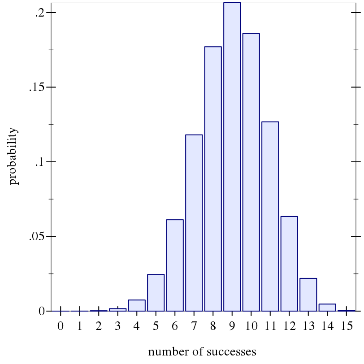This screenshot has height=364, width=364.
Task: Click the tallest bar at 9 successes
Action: pyautogui.click(x=232, y=157)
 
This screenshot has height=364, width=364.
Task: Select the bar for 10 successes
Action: pyautogui.click(x=251, y=172)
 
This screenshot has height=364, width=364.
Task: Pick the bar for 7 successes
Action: pyautogui.click(x=194, y=223)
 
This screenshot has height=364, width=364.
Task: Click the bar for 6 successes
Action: pyautogui.click(x=175, y=265)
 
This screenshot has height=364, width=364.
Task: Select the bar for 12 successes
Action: pyautogui.click(x=289, y=264)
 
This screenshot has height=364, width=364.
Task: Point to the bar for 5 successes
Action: pyautogui.click(x=156, y=293)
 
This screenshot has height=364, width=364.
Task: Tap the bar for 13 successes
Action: pyautogui.click(x=308, y=295)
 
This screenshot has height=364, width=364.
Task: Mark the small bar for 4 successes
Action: pyautogui.click(x=137, y=305)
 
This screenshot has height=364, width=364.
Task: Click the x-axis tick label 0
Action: pyautogui.click(x=61, y=326)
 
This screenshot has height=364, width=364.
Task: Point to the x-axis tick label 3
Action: pyautogui.click(x=117, y=326)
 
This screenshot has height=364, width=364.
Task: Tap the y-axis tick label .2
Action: pyautogui.click(x=39, y=13)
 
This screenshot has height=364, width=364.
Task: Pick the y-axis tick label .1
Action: pyautogui.click(x=39, y=162)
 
